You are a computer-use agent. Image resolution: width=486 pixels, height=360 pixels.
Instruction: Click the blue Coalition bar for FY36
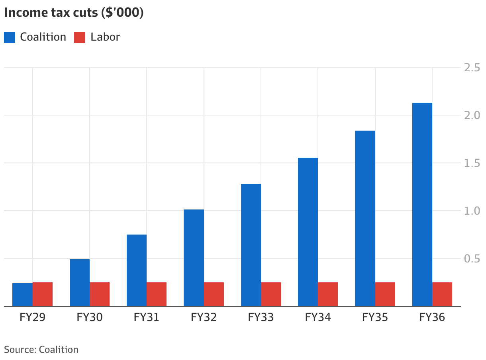click(x=422, y=204)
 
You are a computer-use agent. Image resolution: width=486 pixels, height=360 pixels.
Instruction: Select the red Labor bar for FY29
click(x=43, y=294)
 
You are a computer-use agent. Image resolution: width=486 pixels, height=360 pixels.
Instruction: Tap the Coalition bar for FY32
click(x=194, y=258)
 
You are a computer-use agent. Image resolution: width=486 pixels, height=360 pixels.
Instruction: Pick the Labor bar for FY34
click(x=328, y=294)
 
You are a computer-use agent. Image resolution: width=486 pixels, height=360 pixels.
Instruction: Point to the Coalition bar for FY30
click(x=80, y=282)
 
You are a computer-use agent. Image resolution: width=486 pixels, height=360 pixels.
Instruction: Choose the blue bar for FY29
click(x=23, y=294)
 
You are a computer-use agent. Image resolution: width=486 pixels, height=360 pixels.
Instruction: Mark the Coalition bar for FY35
click(x=365, y=218)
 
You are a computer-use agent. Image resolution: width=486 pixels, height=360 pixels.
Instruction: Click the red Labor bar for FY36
click(x=442, y=294)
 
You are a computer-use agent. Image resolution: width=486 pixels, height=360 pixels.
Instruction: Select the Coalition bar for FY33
click(x=251, y=245)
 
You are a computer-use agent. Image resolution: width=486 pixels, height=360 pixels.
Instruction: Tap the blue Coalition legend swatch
click(x=10, y=37)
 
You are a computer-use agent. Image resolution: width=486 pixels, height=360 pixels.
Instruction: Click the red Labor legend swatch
click(x=80, y=37)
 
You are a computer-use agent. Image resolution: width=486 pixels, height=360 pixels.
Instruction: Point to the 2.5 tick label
click(x=472, y=67)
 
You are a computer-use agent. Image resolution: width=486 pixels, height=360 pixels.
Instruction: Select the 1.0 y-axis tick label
click(x=472, y=211)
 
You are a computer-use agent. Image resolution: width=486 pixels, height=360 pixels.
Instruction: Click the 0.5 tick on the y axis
click(x=472, y=258)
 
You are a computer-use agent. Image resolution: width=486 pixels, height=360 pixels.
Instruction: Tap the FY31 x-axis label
click(x=146, y=317)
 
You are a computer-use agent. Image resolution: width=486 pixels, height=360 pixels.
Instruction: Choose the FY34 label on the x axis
click(x=318, y=317)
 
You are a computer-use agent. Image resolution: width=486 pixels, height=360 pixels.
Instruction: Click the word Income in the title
click(x=26, y=12)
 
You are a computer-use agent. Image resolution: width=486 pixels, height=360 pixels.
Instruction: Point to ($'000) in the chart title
click(x=122, y=13)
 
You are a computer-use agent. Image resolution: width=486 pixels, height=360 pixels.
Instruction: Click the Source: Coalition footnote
click(x=41, y=350)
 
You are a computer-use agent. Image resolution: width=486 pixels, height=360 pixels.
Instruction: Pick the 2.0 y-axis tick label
click(x=472, y=115)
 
